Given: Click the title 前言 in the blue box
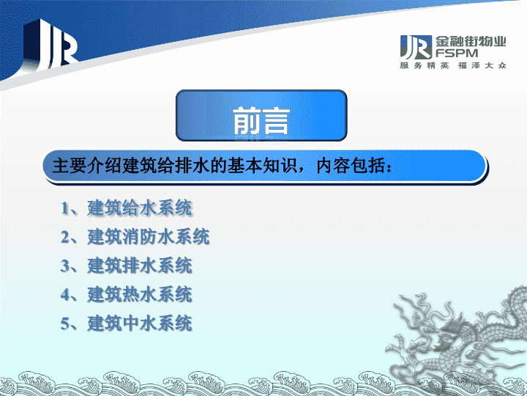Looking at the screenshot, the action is click(261, 121).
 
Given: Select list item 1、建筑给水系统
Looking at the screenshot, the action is click(127, 208).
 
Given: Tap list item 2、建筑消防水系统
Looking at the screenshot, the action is click(135, 236).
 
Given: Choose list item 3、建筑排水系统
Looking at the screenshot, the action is click(127, 265).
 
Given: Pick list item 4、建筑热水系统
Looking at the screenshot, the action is click(127, 294).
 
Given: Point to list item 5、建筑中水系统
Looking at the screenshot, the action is click(127, 323).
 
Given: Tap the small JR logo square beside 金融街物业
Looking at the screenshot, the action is click(416, 47).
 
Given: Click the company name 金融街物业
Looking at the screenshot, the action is click(471, 42).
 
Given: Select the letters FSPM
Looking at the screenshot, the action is click(457, 54).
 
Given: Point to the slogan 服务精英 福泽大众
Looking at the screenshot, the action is click(453, 65).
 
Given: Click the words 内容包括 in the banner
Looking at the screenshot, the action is click(351, 166).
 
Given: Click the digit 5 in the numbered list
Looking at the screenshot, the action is click(64, 323).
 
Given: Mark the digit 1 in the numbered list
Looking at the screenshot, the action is click(64, 208).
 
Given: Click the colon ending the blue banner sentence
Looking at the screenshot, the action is click(389, 167).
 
